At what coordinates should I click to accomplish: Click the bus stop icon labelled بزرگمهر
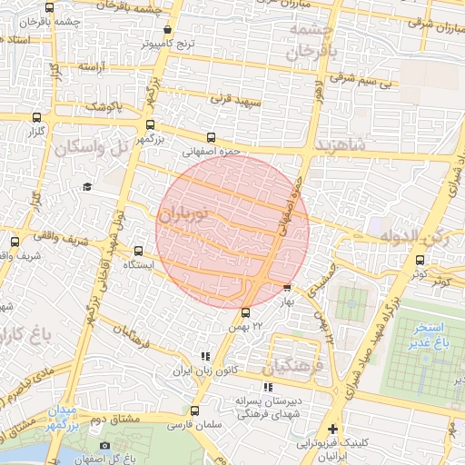150,125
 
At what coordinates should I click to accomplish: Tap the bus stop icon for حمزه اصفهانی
211,138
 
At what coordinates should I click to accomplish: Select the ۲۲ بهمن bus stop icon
245,314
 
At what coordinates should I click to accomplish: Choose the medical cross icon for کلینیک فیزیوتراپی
333,429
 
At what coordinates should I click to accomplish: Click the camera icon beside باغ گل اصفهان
104,445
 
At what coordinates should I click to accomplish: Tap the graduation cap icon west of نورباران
87,187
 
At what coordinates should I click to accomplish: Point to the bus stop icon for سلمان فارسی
194,411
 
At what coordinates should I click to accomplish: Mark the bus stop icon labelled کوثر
420,260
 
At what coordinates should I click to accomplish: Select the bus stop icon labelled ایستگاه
138,251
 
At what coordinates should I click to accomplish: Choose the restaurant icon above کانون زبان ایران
206,357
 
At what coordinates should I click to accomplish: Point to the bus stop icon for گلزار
36,118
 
